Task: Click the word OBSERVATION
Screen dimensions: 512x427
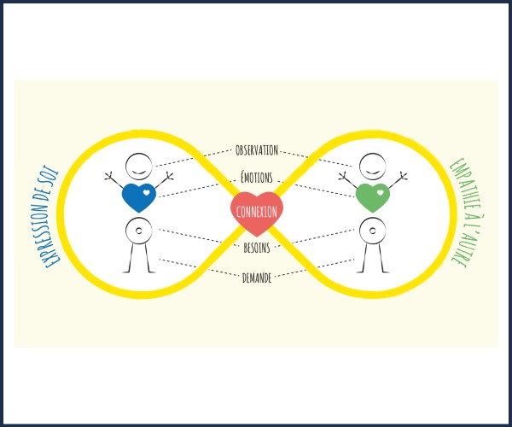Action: coord(257,150)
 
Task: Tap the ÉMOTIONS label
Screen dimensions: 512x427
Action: coord(257,178)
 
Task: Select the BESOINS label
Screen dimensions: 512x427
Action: coord(257,248)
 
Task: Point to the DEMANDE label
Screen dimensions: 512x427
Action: coord(257,278)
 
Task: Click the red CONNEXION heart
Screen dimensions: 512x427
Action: coord(257,212)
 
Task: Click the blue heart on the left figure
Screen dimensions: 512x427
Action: coord(139,197)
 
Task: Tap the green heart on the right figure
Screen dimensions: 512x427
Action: coord(373,197)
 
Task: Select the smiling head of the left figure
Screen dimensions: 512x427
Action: coord(139,167)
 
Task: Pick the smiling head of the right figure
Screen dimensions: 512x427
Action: coord(373,167)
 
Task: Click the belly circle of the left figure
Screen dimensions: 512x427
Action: coord(139,231)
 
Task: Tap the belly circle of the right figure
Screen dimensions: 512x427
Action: coord(373,231)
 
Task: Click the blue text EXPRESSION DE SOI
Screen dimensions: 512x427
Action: coord(50,217)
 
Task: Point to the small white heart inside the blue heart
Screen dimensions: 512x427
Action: coord(147,192)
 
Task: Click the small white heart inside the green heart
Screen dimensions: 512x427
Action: coord(381,192)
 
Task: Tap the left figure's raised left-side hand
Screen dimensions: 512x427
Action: coord(108,177)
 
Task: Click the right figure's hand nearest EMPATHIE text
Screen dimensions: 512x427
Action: coord(404,177)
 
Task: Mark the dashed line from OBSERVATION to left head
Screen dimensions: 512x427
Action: coord(195,158)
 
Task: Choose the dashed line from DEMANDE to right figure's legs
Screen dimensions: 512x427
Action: coord(314,268)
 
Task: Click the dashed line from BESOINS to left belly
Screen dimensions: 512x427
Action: coord(199,237)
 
